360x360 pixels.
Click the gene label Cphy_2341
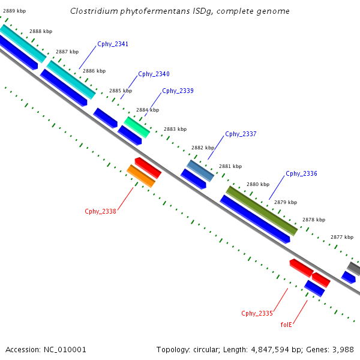tap(113, 44)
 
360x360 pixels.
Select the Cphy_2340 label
tap(154, 74)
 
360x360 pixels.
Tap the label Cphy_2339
tap(178, 91)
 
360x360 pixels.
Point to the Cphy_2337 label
tap(241, 134)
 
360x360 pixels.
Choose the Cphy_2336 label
tap(301, 173)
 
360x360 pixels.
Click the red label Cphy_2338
tap(100, 211)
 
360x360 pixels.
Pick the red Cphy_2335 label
tap(257, 313)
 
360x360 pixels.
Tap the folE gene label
tap(286, 325)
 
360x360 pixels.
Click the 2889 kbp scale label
tap(14, 11)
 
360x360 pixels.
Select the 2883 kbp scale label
tap(175, 129)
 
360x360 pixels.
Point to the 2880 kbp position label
tap(258, 184)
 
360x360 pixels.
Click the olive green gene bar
tap(262, 211)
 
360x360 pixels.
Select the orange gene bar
tap(140, 176)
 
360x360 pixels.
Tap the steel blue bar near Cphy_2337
tap(200, 170)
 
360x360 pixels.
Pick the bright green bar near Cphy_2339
tap(137, 127)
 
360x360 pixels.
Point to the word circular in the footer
tap(208, 349)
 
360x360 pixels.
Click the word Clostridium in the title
tap(94, 11)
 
